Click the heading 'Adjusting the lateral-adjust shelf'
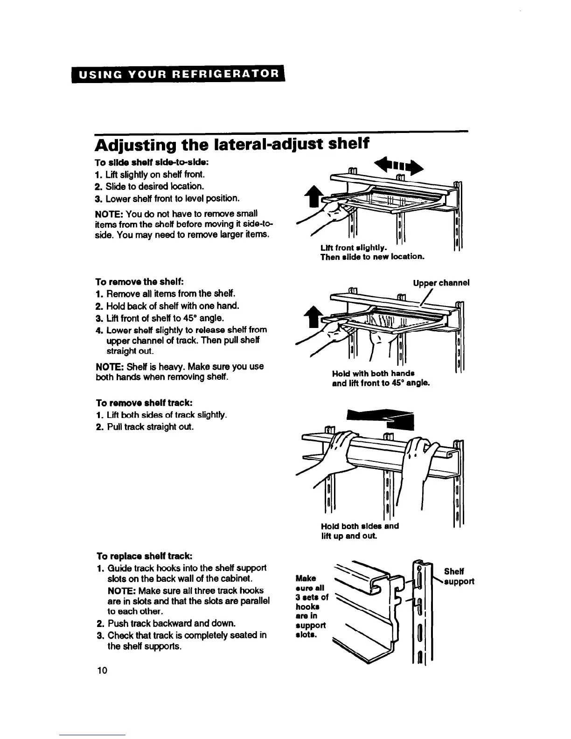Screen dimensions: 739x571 click(232, 146)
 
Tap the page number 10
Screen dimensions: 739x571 click(102, 670)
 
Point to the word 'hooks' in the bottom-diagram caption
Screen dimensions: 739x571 click(307, 607)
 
